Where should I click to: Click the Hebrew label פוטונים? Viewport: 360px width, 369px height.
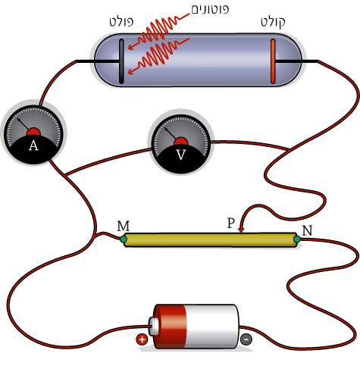click(210, 9)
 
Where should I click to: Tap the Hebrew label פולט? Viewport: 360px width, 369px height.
click(121, 22)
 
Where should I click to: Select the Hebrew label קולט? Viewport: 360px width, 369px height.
click(273, 23)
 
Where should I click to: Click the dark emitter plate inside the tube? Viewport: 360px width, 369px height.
click(121, 61)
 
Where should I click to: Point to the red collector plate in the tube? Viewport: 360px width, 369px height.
click(273, 61)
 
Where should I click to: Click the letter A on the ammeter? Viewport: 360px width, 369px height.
click(33, 145)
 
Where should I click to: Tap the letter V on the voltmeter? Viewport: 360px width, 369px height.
click(181, 155)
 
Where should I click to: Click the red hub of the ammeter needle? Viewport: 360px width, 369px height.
click(34, 132)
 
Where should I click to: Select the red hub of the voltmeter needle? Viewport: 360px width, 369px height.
click(181, 142)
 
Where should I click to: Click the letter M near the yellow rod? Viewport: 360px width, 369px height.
click(124, 226)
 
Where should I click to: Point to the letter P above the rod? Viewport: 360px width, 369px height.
click(231, 223)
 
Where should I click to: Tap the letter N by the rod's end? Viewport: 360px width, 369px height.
click(307, 230)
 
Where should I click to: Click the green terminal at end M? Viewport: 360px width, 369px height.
click(124, 239)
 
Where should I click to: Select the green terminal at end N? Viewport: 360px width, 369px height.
click(297, 239)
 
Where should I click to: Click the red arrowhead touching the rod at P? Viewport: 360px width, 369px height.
click(241, 230)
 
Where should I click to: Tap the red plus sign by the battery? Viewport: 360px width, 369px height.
click(142, 339)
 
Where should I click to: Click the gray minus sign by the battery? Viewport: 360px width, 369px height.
click(246, 339)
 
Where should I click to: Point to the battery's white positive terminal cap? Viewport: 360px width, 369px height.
click(153, 327)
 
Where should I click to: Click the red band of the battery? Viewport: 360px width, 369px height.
click(171, 327)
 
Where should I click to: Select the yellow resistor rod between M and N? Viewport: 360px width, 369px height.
click(210, 239)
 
